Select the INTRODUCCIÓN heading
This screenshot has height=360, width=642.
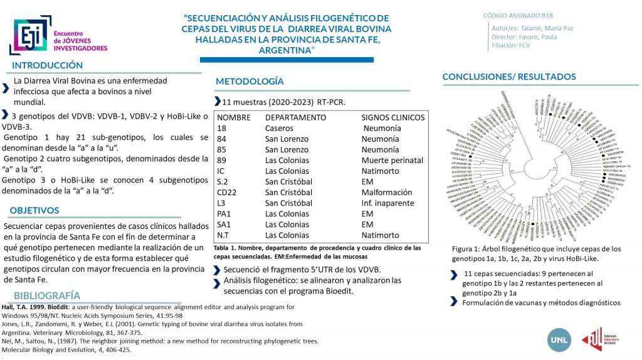tap(48, 65)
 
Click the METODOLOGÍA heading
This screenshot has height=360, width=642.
tap(250, 82)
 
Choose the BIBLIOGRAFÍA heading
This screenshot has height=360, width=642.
tap(47, 295)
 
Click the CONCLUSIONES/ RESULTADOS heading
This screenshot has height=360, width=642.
tap(518, 77)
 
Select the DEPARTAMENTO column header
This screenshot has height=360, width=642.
tap(295, 117)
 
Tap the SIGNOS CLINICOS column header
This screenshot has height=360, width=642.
tap(393, 117)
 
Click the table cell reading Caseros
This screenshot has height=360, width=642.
tap(280, 128)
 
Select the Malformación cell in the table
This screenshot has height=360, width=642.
tap(390, 192)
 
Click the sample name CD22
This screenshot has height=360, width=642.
tap(227, 192)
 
